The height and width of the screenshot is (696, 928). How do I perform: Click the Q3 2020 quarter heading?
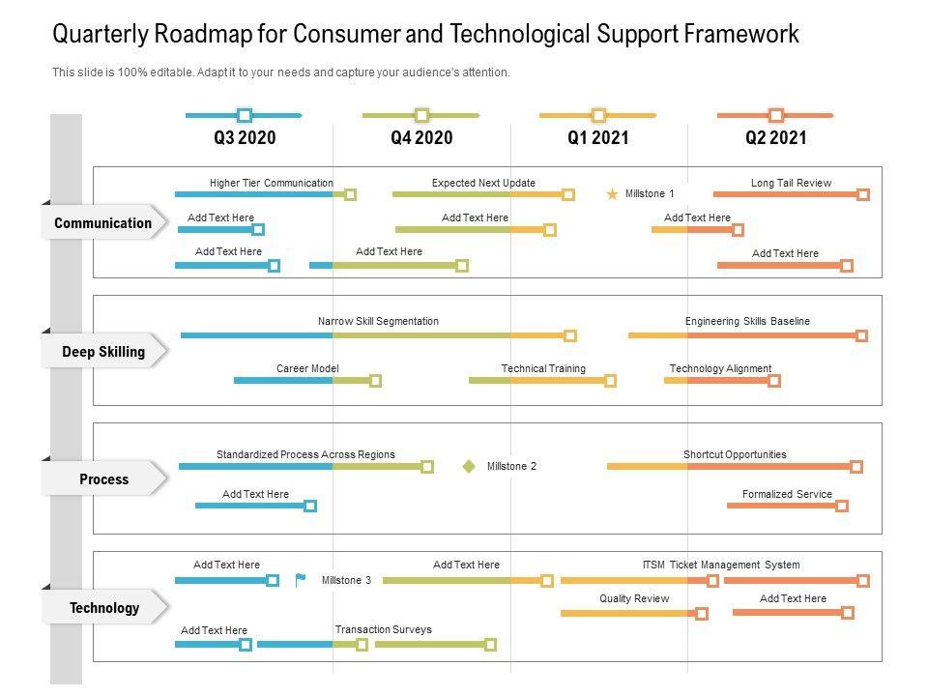[x=245, y=138]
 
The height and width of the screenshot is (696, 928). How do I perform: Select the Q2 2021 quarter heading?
[x=775, y=138]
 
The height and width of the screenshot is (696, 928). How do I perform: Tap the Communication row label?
[x=102, y=223]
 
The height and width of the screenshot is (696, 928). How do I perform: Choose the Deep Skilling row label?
[x=103, y=352]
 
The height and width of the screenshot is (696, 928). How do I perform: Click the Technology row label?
[x=103, y=608]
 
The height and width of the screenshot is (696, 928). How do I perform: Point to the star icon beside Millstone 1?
[x=612, y=194]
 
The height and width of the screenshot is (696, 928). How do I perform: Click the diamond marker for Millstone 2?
[x=469, y=466]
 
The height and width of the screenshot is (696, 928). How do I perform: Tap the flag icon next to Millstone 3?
[x=301, y=580]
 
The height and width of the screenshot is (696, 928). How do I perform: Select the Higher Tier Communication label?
[x=271, y=183]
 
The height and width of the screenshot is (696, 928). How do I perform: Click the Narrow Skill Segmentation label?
[x=378, y=321]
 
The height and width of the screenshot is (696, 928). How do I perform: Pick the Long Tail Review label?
[x=791, y=183]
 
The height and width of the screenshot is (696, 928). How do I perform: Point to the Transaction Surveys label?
[x=383, y=629]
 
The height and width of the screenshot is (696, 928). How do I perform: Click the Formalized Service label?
[x=787, y=494]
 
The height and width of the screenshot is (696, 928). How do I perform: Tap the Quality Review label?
[x=634, y=598]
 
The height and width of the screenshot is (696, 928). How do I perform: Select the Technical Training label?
[x=543, y=368]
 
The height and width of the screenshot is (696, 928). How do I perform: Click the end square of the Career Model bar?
[x=376, y=381]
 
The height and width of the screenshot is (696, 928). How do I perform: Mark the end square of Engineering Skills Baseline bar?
[x=861, y=336]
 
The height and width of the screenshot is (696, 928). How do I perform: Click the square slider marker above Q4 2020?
[x=421, y=115]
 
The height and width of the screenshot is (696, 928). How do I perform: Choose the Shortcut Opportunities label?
[x=735, y=454]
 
